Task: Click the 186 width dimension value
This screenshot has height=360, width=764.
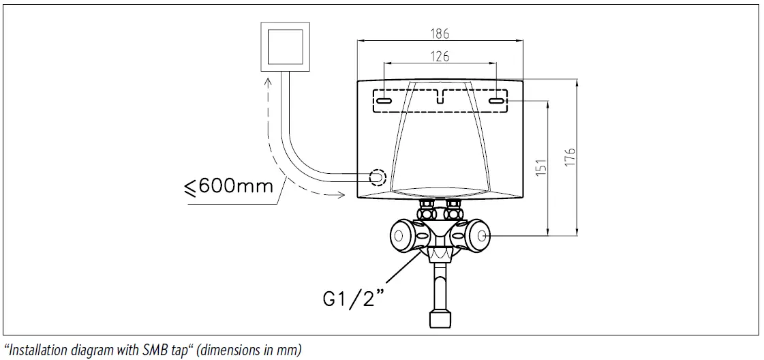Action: [x=440, y=33]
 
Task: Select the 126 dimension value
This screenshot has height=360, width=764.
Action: [x=440, y=57]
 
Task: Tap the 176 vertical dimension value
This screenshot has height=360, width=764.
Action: [x=570, y=155]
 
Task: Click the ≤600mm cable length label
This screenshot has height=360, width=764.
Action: [x=228, y=186]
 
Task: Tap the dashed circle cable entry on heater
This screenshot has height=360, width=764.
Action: [x=377, y=178]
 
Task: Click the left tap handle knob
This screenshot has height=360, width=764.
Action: [x=401, y=236]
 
